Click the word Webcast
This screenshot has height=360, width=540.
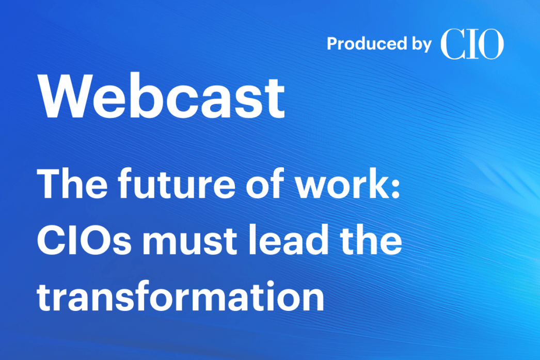point(162,96)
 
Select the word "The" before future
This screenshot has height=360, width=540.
point(72,184)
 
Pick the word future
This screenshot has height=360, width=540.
point(177,184)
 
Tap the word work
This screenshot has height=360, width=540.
point(341,184)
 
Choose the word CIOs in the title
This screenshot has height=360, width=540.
point(84,240)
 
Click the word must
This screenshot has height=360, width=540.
point(189,241)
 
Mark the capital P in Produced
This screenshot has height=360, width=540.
point(332,44)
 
